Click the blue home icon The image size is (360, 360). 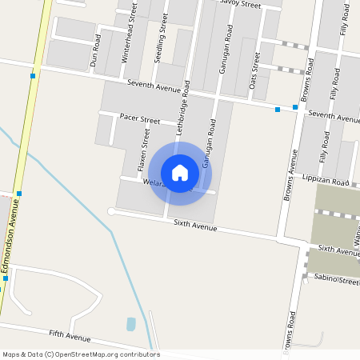click(180, 172)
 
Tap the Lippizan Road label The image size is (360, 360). click(326, 182)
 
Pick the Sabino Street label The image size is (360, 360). click(337, 281)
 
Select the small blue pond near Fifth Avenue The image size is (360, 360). click(130, 324)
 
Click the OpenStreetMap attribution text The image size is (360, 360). click(81, 354)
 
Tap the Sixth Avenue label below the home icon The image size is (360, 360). click(195, 227)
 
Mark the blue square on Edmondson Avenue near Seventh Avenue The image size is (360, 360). click(33, 76)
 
